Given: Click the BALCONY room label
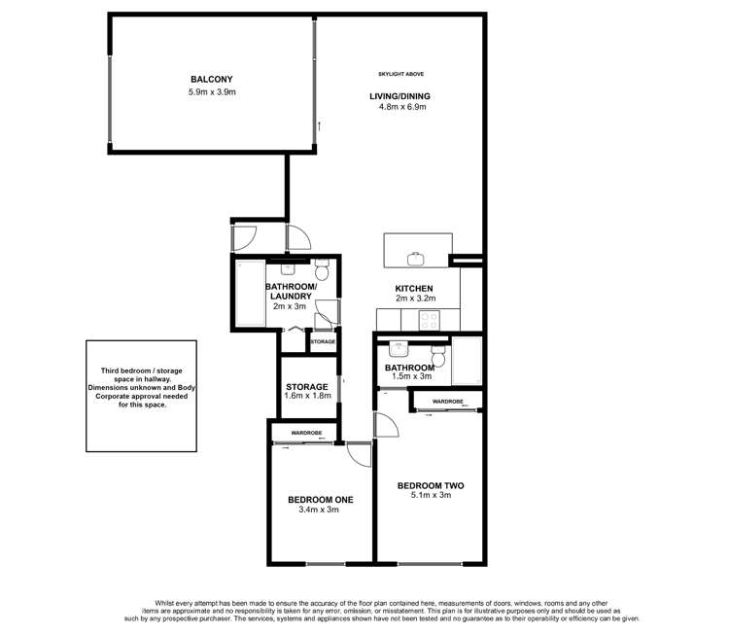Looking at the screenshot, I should tap(212, 80).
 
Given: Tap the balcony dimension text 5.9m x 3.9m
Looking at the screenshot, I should tap(212, 92).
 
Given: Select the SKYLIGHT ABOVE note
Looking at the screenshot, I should tap(400, 75).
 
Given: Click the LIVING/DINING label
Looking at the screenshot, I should tap(399, 95).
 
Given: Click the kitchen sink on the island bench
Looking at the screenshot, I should tap(417, 257).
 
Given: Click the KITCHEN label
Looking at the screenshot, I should tap(413, 288).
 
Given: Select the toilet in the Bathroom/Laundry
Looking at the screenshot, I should tap(323, 268).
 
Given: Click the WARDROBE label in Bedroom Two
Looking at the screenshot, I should tap(447, 401).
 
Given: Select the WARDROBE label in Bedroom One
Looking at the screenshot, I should tap(303, 433).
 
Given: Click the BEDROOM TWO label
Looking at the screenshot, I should tap(430, 484).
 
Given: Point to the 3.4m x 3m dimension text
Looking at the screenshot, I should tap(320, 511).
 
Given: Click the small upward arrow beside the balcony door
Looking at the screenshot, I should tap(320, 126).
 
